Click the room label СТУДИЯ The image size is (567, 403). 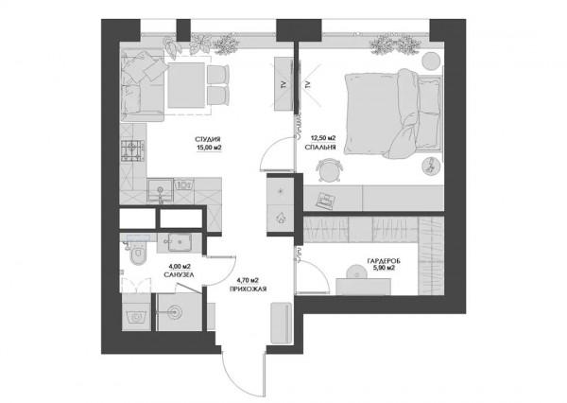(208, 139)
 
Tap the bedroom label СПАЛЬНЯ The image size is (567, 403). (320, 148)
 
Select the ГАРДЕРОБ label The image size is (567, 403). (384, 261)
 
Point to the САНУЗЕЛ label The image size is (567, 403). (179, 275)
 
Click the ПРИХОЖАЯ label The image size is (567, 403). (248, 289)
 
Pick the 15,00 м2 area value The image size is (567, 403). (209, 148)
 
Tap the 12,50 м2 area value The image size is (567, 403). (323, 138)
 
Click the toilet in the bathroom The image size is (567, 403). (137, 254)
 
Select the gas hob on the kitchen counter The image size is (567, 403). (133, 151)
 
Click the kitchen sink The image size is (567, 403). (161, 190)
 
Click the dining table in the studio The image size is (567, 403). (186, 85)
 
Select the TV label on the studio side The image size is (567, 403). (283, 85)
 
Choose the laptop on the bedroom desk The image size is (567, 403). (325, 201)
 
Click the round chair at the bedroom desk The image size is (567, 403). (329, 169)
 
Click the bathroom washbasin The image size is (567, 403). (180, 241)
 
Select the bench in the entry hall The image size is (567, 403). (281, 323)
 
